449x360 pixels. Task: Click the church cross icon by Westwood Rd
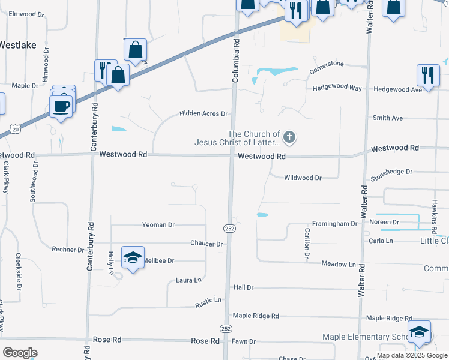(289, 138)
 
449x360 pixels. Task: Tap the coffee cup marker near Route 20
(61, 107)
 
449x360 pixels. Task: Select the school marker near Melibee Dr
(133, 257)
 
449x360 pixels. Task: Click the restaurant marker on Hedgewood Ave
(427, 76)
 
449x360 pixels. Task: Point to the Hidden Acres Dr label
(204, 113)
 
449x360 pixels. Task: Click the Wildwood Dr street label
(303, 178)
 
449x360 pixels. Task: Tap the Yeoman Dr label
(158, 225)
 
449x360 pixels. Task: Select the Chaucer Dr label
(206, 244)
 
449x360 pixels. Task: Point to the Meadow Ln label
(339, 264)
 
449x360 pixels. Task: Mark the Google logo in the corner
(20, 353)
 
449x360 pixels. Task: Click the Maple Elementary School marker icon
(419, 332)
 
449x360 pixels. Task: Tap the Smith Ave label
(388, 118)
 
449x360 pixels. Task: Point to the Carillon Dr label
(307, 244)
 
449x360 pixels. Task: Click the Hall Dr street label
(244, 288)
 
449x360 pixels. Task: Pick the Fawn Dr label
(244, 341)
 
